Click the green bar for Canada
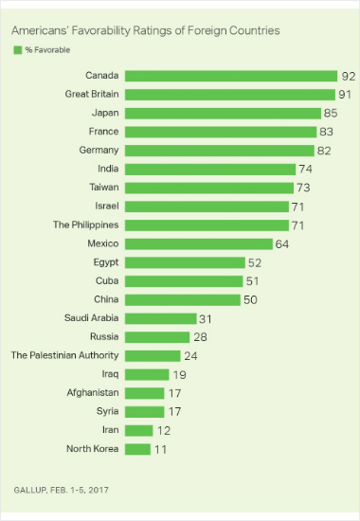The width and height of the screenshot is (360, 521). (231, 76)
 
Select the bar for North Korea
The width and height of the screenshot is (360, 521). (137, 449)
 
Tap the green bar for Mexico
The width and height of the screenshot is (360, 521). (199, 243)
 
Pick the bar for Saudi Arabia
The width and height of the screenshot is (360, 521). (160, 318)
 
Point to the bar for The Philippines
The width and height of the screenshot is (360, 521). (207, 225)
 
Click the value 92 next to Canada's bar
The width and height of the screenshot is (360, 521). (349, 77)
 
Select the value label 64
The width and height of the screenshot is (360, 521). (282, 244)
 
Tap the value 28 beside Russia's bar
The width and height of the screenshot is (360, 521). (201, 337)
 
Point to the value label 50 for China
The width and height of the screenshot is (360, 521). (250, 300)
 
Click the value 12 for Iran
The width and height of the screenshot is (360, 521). (164, 431)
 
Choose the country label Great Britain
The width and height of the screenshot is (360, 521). (92, 94)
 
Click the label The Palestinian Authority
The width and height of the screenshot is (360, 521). (64, 355)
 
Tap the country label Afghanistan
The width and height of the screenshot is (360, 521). (93, 392)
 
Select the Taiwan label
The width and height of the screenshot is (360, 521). (104, 187)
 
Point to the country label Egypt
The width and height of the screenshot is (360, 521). (106, 262)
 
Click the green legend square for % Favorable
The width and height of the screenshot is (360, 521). (18, 50)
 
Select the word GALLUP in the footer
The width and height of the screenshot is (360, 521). (30, 490)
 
